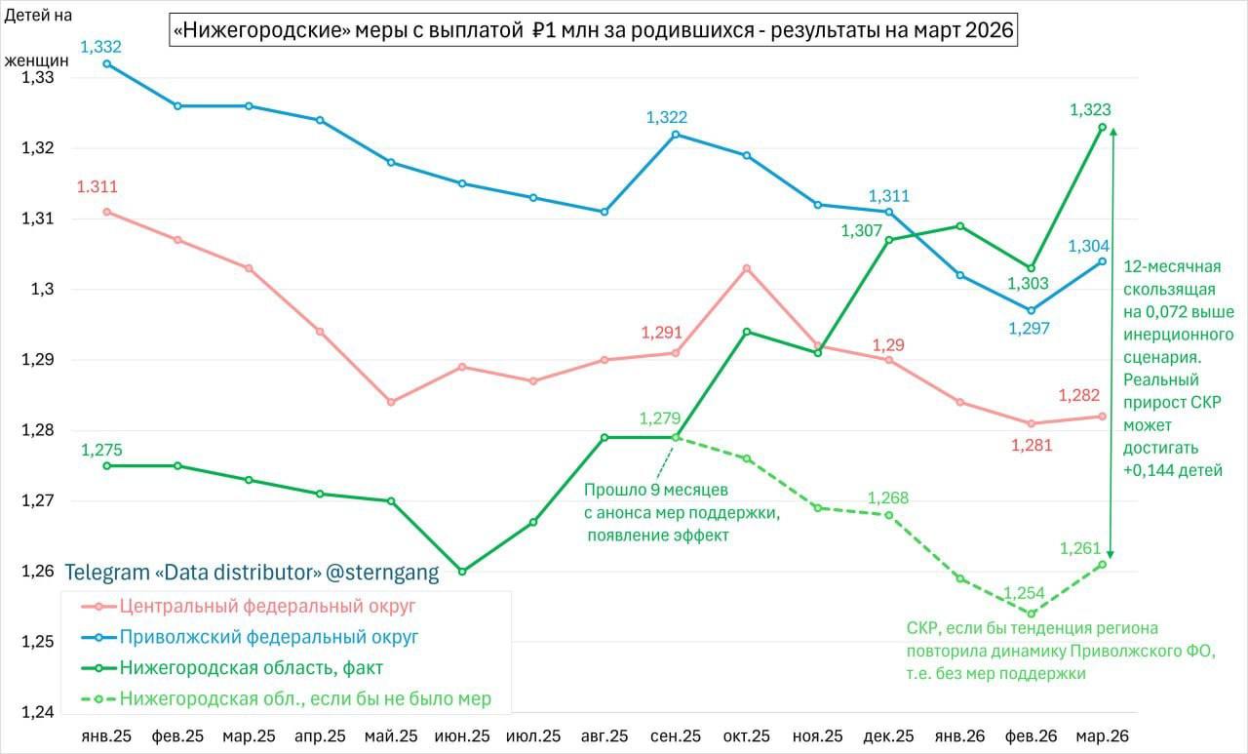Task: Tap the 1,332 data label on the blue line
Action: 100,47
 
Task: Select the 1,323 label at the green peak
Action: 1090,110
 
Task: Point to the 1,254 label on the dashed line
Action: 1024,593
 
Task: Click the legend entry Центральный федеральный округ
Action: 267,606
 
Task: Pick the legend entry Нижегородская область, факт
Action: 251,668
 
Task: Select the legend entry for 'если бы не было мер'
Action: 305,698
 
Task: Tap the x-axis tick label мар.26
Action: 1102,734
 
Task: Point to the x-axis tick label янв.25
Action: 106,734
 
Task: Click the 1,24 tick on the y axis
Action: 36,712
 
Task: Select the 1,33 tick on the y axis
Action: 36,78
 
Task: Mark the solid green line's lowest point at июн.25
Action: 462,572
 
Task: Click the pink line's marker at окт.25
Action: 747,268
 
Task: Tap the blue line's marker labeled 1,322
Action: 676,135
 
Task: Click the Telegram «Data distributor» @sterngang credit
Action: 252,573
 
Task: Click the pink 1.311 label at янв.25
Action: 97,187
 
